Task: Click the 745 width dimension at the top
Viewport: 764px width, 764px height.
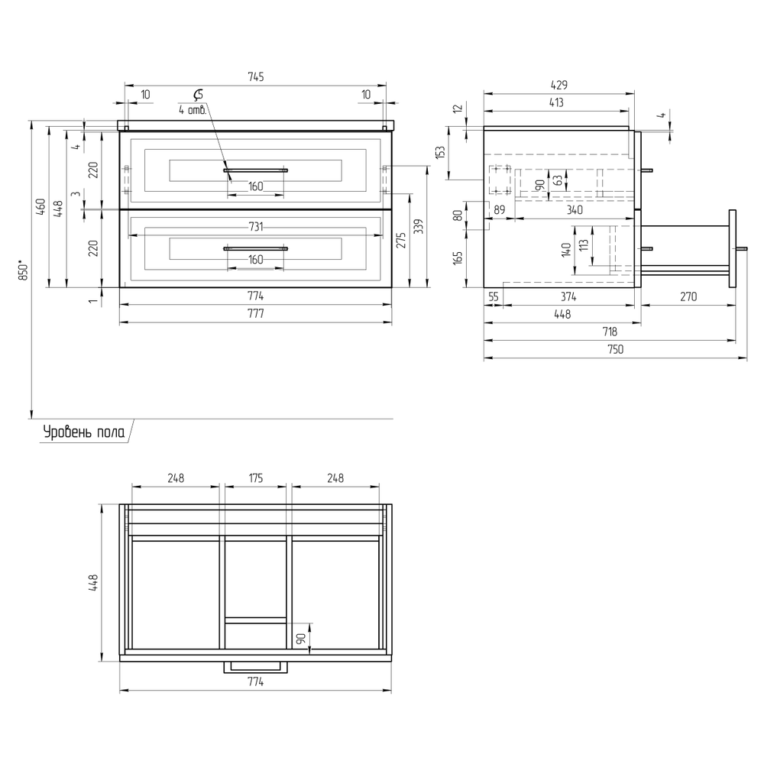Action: click(256, 77)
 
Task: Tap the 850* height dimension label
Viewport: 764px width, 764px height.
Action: click(24, 270)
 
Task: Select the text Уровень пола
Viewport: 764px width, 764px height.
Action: click(84, 432)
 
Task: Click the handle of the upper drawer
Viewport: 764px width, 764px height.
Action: click(255, 170)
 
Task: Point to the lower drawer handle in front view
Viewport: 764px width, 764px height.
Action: click(255, 248)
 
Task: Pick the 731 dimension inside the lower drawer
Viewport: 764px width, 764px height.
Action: click(256, 227)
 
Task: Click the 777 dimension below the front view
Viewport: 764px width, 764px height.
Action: click(256, 313)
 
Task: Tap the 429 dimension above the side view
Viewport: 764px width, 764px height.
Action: click(559, 85)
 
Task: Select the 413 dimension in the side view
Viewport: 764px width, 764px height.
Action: click(556, 102)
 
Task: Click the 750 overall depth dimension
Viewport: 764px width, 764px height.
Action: click(615, 349)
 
